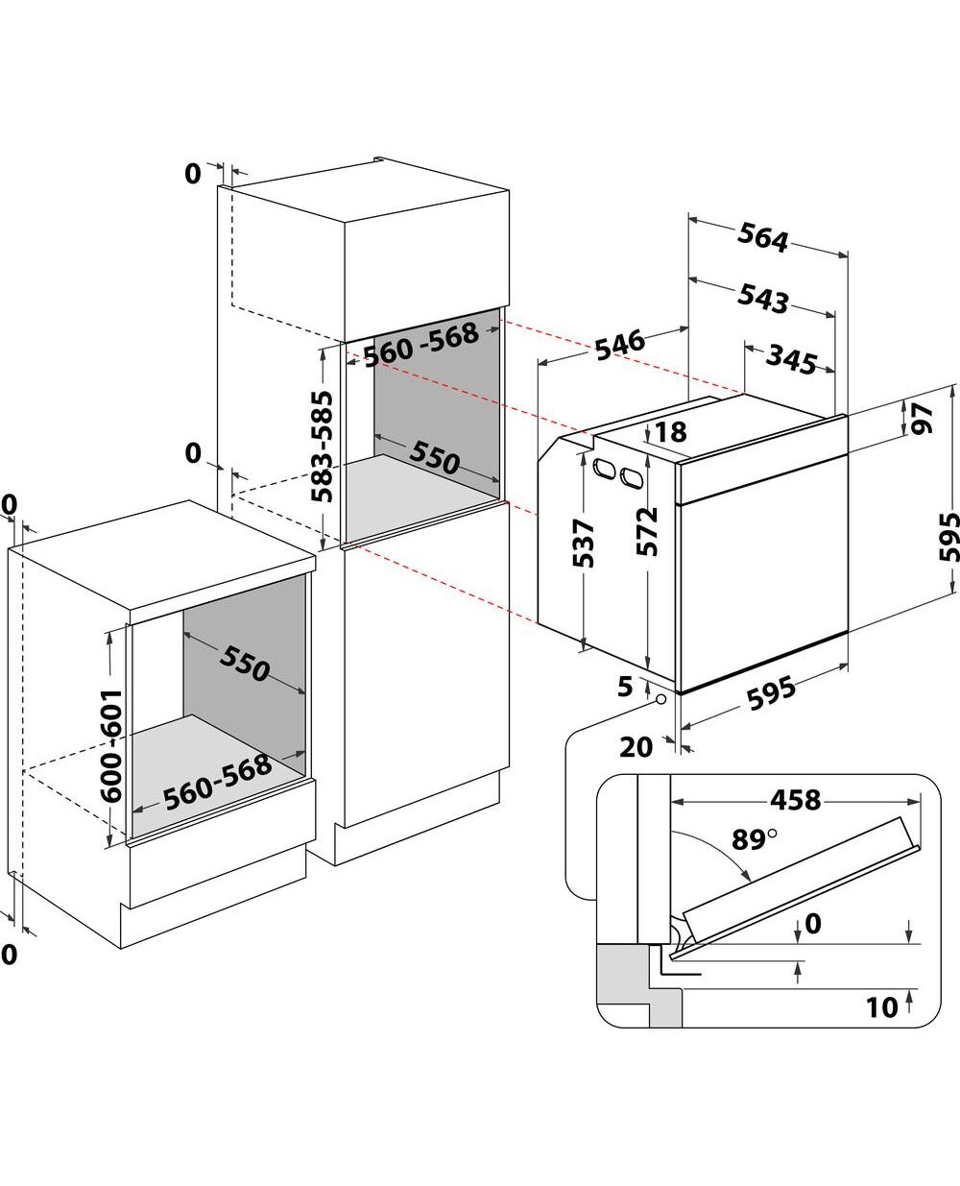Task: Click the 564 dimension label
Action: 764,237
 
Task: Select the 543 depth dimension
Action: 763,299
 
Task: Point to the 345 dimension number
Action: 792,359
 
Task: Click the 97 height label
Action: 922,418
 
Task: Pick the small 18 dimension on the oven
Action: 673,432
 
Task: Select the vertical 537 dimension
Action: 584,543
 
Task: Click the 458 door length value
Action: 795,799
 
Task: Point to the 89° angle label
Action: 754,838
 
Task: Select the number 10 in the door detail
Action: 882,1007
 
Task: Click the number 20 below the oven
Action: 636,746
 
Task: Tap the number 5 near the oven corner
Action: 625,687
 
